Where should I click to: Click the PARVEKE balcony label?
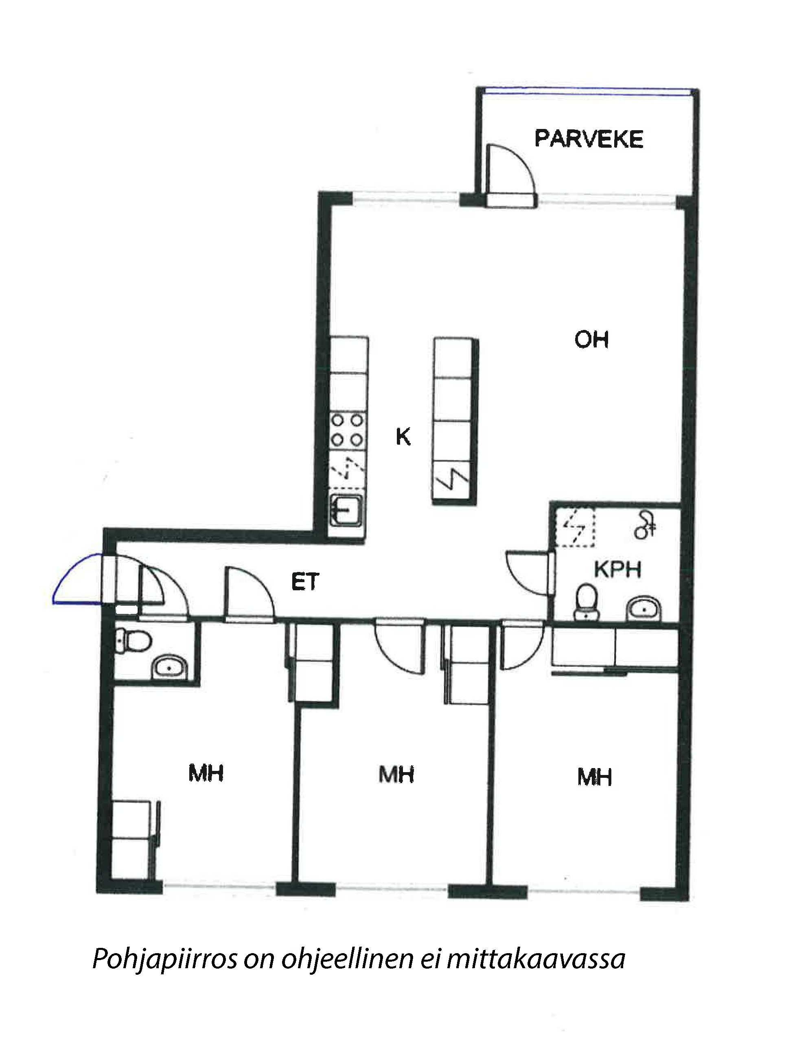coord(589,139)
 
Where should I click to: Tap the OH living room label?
coord(591,339)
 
